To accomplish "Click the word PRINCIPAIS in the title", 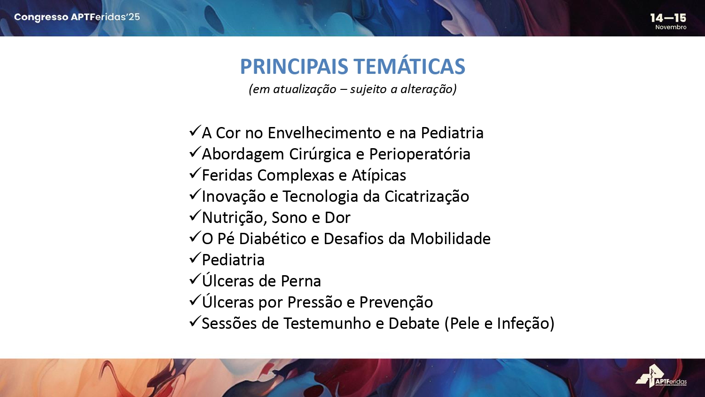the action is pyautogui.click(x=294, y=66).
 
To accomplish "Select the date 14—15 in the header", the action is pyautogui.click(x=668, y=18).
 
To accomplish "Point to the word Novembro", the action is pyautogui.click(x=671, y=27).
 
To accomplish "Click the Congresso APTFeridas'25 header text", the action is pyautogui.click(x=77, y=17).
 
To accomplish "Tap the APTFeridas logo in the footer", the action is pyautogui.click(x=661, y=376).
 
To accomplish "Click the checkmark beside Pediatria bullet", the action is pyautogui.click(x=195, y=258).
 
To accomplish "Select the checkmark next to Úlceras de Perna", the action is pyautogui.click(x=195, y=279).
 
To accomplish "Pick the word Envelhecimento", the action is pyautogui.click(x=324, y=133).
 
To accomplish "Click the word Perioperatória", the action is pyautogui.click(x=420, y=154).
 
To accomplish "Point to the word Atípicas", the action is pyautogui.click(x=379, y=175).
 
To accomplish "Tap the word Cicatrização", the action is pyautogui.click(x=426, y=196).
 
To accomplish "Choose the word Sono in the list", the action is pyautogui.click(x=289, y=218).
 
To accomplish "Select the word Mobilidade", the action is pyautogui.click(x=450, y=238).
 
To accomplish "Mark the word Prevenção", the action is pyautogui.click(x=396, y=302).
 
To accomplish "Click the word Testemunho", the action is pyautogui.click(x=327, y=323).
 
